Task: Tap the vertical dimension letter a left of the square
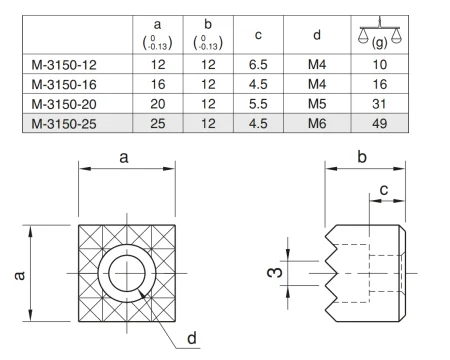pos(21,272)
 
